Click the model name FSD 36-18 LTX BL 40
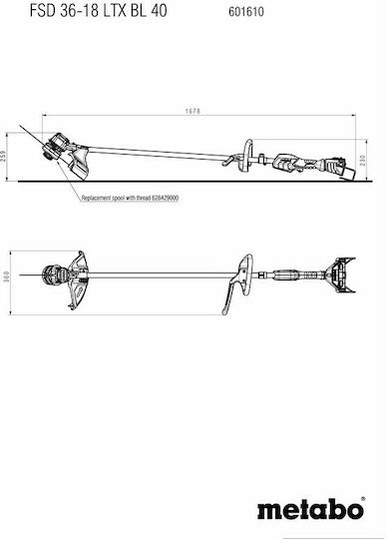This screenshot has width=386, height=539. click(98, 10)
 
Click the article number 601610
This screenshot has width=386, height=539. click(246, 12)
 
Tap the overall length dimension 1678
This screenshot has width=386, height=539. click(193, 111)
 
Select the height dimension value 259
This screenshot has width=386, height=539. click(3, 157)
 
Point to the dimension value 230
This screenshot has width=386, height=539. click(363, 160)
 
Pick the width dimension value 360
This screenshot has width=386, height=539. click(7, 277)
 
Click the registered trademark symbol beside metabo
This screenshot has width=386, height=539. click(363, 499)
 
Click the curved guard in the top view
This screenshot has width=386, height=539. click(78, 280)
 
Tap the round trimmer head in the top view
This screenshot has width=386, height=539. click(51, 275)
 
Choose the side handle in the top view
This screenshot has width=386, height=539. click(238, 282)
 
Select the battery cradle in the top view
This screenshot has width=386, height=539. click(340, 275)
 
